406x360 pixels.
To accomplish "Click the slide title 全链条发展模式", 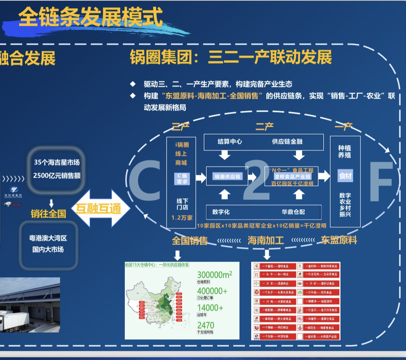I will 90,18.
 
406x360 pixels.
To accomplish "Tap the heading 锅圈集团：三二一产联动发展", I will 231,57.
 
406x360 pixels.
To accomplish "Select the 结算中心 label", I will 230,142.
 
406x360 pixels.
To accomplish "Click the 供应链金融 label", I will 287,142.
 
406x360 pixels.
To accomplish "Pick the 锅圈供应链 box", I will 228,177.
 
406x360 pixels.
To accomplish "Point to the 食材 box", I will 345,176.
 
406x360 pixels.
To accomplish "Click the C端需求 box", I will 181,179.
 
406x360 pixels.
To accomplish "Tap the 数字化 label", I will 221,212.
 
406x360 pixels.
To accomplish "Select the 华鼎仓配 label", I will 293,212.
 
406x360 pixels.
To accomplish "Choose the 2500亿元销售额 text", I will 57,175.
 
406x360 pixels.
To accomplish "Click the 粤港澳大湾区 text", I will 48,238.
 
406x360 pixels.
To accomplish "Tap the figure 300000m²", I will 215,275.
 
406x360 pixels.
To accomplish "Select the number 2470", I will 206,325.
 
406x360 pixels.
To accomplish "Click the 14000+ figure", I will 210,308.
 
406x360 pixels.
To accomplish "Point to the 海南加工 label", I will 266,240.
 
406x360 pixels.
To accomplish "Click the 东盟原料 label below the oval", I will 339,240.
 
